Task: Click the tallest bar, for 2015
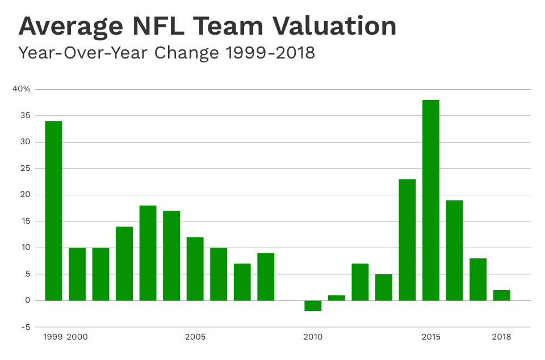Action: pyautogui.click(x=431, y=200)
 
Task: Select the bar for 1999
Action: pyautogui.click(x=53, y=211)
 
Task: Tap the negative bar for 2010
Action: pyautogui.click(x=313, y=306)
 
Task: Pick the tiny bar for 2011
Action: pyautogui.click(x=336, y=298)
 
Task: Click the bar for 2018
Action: pyautogui.click(x=501, y=295)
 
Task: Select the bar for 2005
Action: pyautogui.click(x=195, y=269)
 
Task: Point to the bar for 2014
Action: pyautogui.click(x=407, y=240)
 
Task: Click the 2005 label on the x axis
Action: pyautogui.click(x=195, y=337)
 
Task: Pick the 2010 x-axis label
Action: pyautogui.click(x=313, y=337)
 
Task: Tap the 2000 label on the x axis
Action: pyautogui.click(x=77, y=337)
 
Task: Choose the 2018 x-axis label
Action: pyautogui.click(x=501, y=337)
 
